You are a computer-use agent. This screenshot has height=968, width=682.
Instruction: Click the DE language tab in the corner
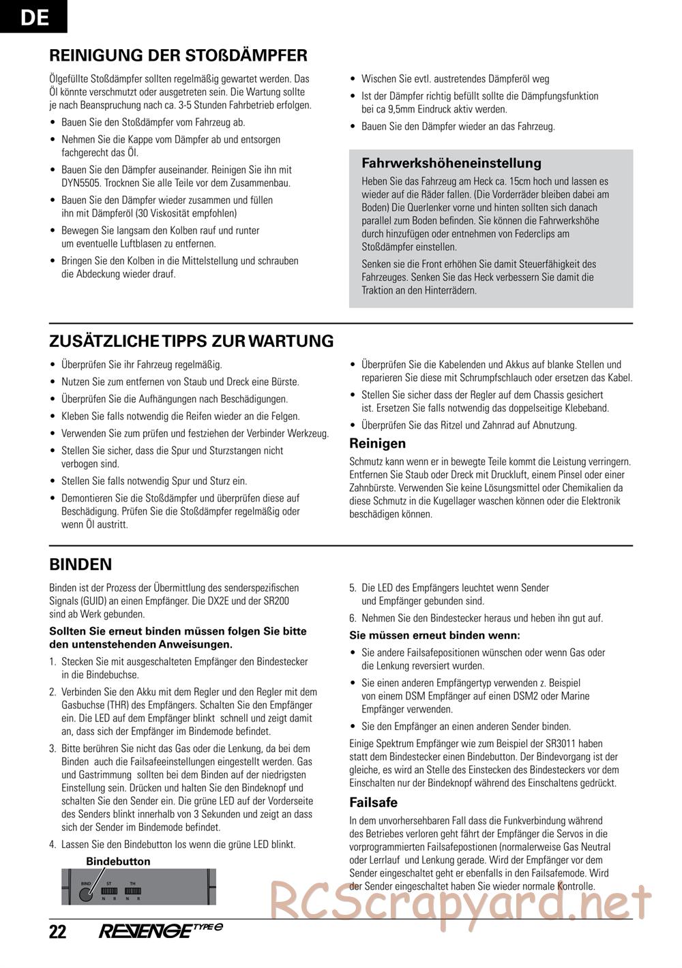point(33,16)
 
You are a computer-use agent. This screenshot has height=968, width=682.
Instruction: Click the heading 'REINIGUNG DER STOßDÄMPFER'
point(178,55)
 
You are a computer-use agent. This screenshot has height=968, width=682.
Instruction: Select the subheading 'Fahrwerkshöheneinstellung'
point(451,163)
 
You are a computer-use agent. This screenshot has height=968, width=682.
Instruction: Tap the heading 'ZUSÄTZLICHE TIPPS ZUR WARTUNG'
point(192,341)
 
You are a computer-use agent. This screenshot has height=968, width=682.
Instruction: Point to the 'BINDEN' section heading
point(80,564)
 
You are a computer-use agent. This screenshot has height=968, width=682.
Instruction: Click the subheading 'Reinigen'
point(377,444)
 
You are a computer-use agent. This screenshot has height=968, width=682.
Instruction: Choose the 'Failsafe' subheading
point(373,802)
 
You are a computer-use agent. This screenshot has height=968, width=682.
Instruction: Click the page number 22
point(58,932)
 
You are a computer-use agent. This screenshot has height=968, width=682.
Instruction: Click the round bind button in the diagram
point(85,893)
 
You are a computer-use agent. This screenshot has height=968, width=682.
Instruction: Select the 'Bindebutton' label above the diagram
point(118,862)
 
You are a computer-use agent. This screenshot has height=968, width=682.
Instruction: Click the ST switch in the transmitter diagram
point(109,891)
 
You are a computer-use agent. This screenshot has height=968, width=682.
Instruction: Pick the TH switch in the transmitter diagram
point(132,891)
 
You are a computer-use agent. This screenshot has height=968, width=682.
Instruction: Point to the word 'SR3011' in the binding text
point(587,744)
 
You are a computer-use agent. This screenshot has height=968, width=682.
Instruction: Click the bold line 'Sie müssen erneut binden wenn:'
point(434,635)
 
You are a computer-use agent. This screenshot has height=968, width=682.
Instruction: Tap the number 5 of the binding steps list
point(353,588)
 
